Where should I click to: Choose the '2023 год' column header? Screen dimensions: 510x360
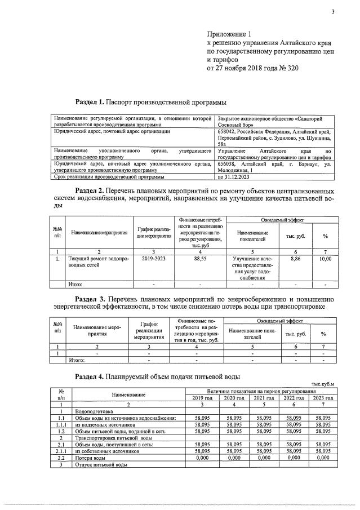(x=323, y=397)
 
